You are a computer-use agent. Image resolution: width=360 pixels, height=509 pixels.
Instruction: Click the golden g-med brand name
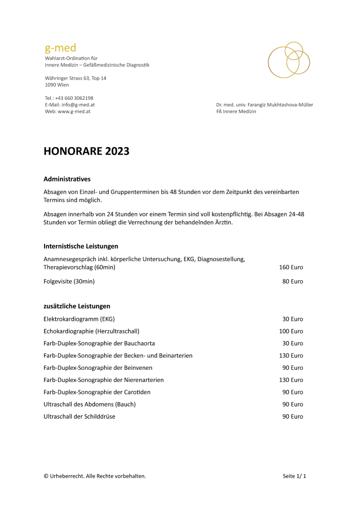(60, 48)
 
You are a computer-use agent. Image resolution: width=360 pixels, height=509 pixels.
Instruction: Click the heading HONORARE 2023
(86, 151)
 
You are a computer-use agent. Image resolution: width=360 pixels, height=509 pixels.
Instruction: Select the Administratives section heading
(67, 179)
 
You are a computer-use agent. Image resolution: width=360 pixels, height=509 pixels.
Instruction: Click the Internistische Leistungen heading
(81, 246)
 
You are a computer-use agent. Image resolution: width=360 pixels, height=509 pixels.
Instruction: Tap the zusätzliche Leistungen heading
(77, 306)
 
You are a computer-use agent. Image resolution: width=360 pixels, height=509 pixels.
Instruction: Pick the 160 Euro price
(291, 267)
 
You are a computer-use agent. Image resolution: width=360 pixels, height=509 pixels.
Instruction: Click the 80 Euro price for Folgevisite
(292, 282)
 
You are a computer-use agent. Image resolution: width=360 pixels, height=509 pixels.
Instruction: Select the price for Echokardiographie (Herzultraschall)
(291, 331)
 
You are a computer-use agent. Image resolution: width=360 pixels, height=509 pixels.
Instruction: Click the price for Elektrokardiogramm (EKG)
(292, 319)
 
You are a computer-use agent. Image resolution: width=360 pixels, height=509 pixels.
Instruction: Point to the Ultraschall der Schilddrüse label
(79, 417)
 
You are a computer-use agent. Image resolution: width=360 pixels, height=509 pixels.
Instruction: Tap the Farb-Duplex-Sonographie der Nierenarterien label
(104, 380)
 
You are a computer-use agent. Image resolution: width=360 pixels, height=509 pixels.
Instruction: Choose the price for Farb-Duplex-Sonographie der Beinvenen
(292, 368)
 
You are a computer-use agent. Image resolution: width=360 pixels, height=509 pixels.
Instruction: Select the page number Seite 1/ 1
(294, 476)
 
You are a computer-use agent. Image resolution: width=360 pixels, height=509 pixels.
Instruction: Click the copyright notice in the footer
(95, 476)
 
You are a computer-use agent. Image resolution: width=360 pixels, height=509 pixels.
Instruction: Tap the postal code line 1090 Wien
(57, 85)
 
